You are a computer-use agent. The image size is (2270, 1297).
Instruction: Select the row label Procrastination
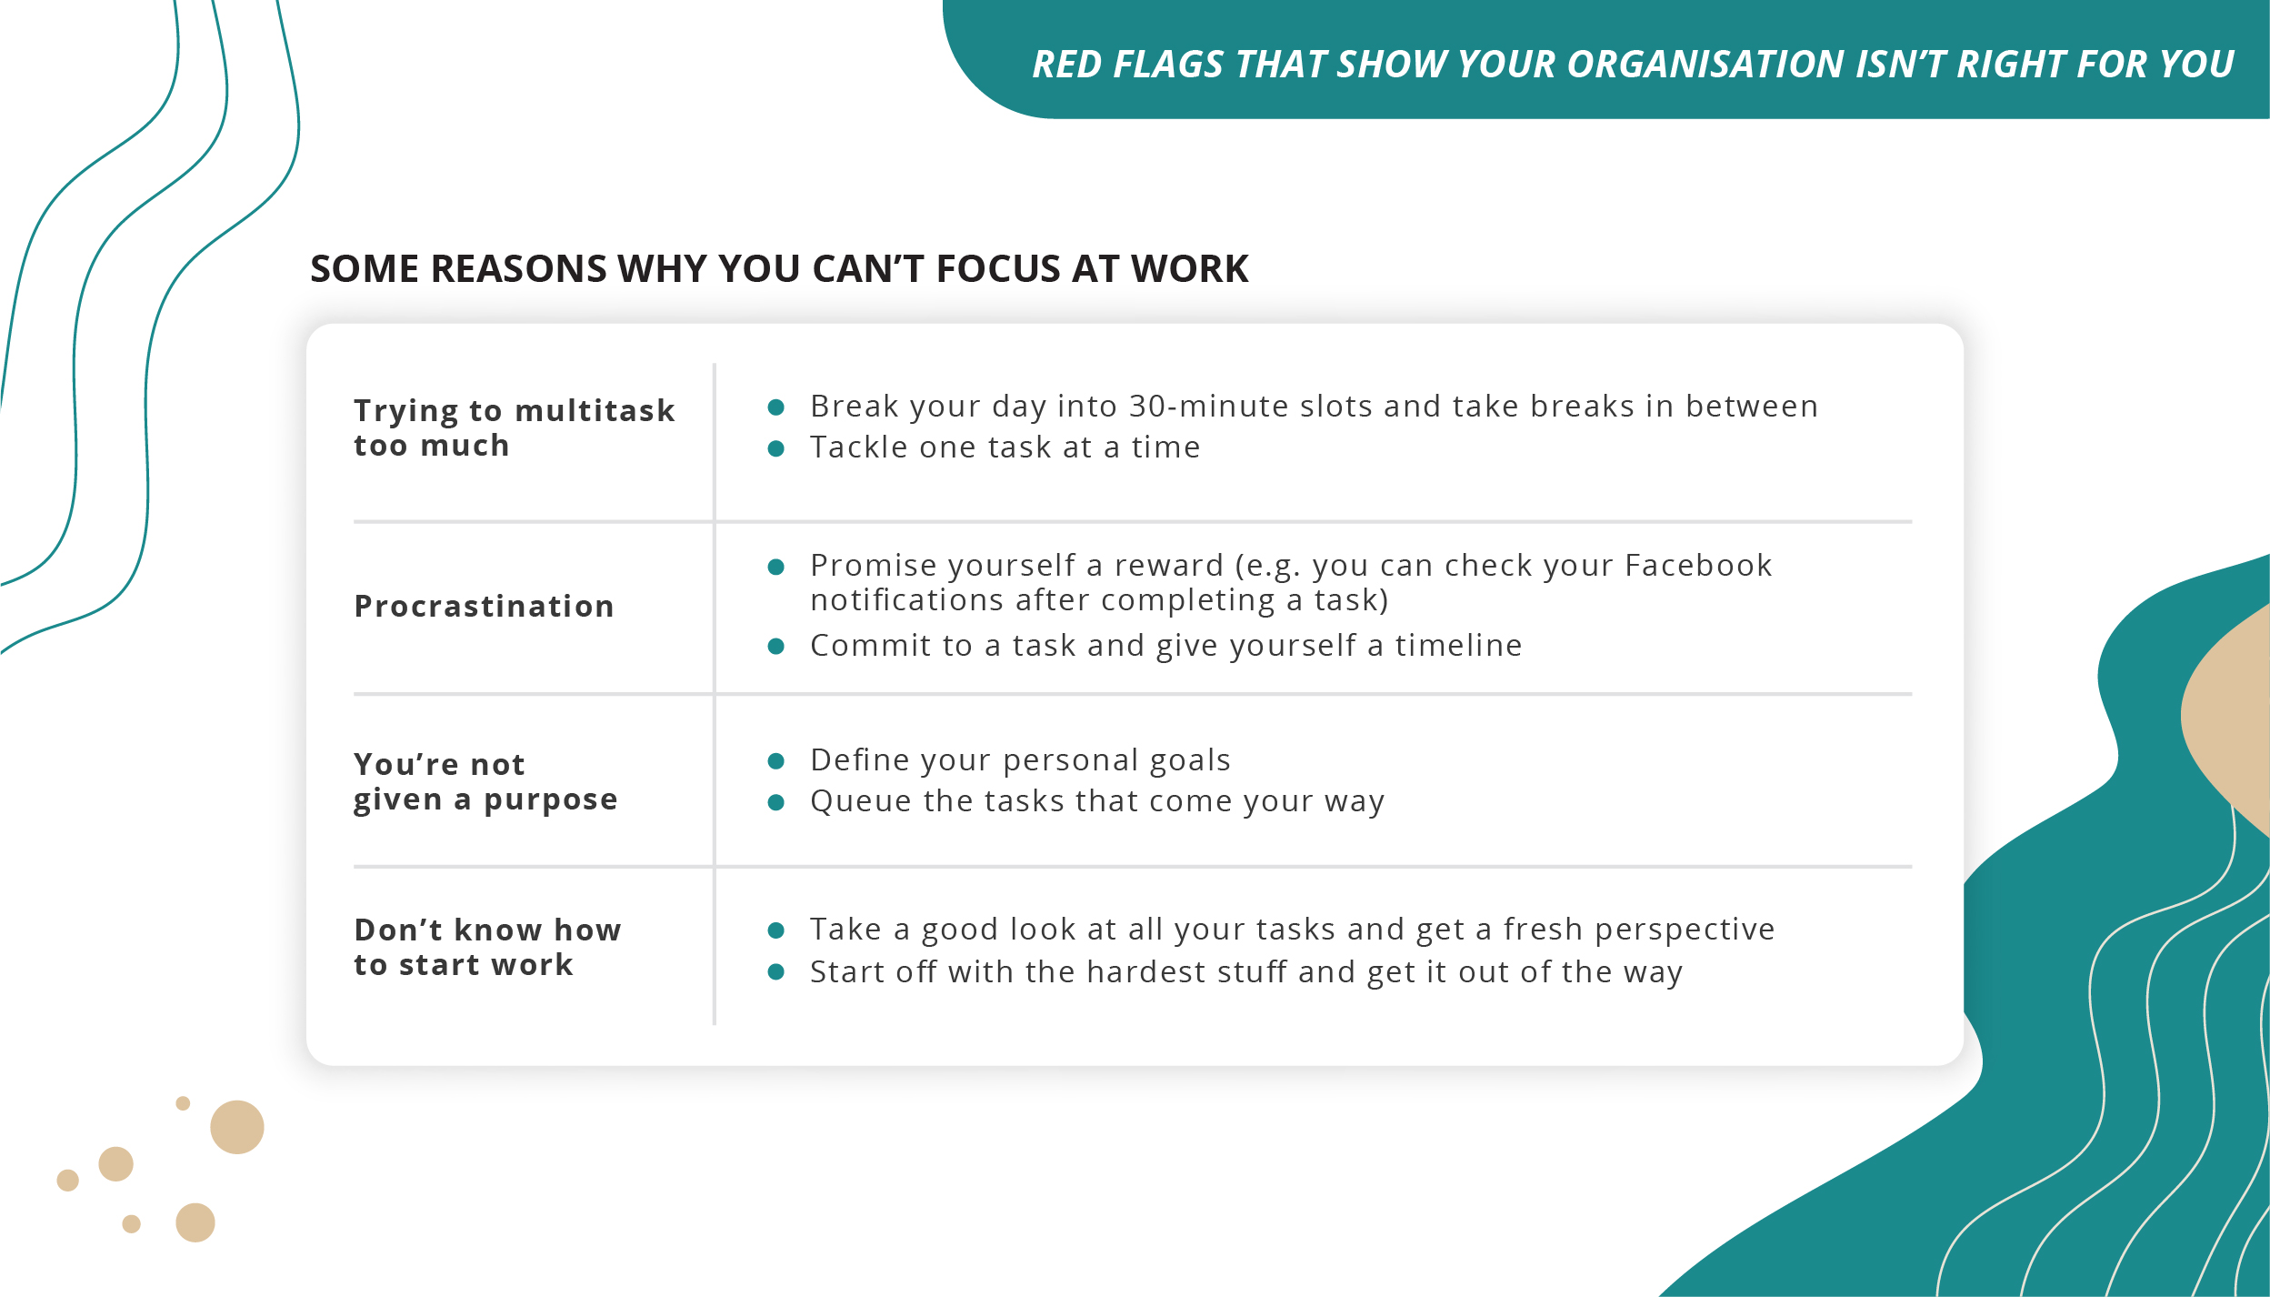pos(484,607)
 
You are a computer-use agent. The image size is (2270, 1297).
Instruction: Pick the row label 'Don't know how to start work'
pos(487,947)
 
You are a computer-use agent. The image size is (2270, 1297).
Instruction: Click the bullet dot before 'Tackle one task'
pos(775,448)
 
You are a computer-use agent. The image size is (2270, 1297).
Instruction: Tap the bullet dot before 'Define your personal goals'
pos(775,761)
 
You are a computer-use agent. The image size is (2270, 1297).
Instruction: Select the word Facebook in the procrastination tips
pos(1698,566)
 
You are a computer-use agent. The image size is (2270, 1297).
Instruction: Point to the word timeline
pos(1458,646)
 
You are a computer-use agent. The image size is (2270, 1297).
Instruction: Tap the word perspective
pos(1685,930)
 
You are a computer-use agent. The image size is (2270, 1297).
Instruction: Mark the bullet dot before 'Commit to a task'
pos(775,647)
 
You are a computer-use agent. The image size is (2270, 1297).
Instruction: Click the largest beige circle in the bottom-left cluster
pos(237,1127)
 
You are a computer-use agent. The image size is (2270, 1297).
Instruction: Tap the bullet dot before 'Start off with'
pos(775,972)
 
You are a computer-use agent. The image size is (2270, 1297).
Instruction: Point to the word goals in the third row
pos(1190,761)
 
